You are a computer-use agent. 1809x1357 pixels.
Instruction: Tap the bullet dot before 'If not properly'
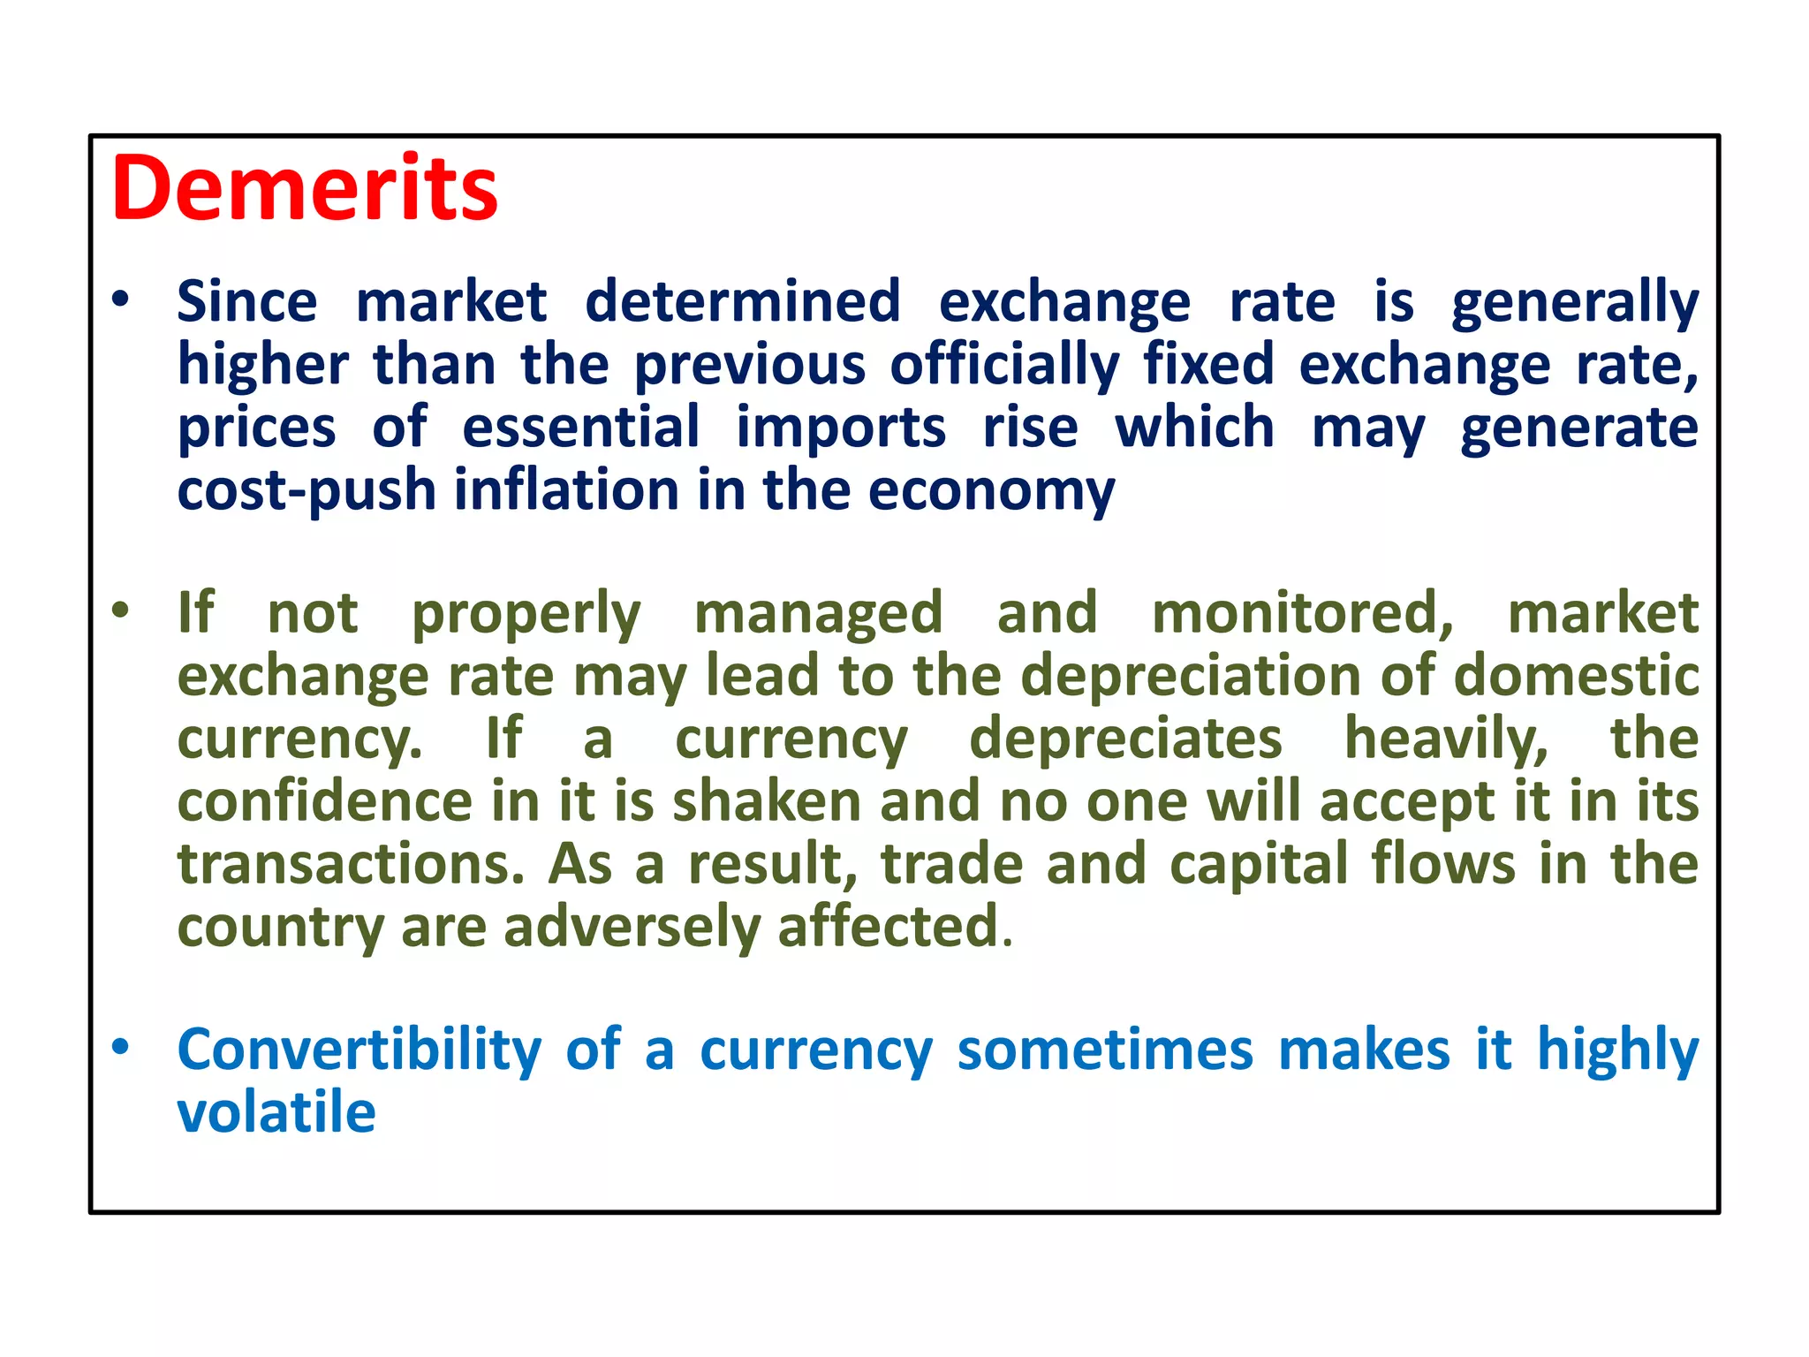[121, 610]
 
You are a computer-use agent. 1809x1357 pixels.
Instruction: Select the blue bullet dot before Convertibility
[121, 1047]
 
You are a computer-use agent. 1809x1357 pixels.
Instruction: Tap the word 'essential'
[581, 428]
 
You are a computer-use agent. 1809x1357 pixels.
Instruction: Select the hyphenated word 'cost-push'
[307, 491]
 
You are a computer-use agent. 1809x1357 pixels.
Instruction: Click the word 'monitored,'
[1302, 613]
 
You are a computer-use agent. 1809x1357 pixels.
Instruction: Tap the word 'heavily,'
[1446, 739]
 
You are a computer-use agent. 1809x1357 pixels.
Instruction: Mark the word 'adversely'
[632, 928]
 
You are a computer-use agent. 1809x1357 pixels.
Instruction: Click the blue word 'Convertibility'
[360, 1050]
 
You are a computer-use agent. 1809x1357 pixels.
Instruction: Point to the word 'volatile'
[276, 1112]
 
